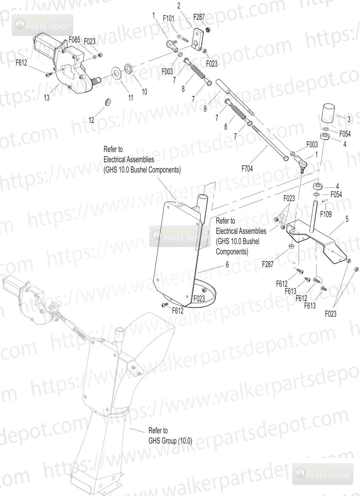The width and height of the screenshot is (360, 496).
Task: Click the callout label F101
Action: pos(169,18)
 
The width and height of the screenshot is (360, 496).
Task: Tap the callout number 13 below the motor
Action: pos(47,98)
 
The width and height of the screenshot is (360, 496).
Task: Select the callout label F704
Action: pos(247,169)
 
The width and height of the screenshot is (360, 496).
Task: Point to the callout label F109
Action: pos(326,214)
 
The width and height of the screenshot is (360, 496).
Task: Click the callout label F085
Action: pos(74,40)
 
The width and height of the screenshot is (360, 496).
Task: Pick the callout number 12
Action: pos(91,120)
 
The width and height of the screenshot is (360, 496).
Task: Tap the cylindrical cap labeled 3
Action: pos(328,114)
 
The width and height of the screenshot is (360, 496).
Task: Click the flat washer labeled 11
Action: pos(116,72)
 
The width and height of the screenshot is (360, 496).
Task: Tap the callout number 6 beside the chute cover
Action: pos(227,264)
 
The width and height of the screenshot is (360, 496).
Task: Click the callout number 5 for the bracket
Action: pos(347,219)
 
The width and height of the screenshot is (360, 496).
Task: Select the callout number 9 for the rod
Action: pos(205,109)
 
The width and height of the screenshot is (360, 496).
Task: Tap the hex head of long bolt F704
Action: pos(286,159)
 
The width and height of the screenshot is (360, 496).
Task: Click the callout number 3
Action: pos(349,119)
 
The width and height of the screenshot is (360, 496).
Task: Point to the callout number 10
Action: pos(144,92)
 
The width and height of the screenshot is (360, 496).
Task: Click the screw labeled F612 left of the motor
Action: pos(49,74)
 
